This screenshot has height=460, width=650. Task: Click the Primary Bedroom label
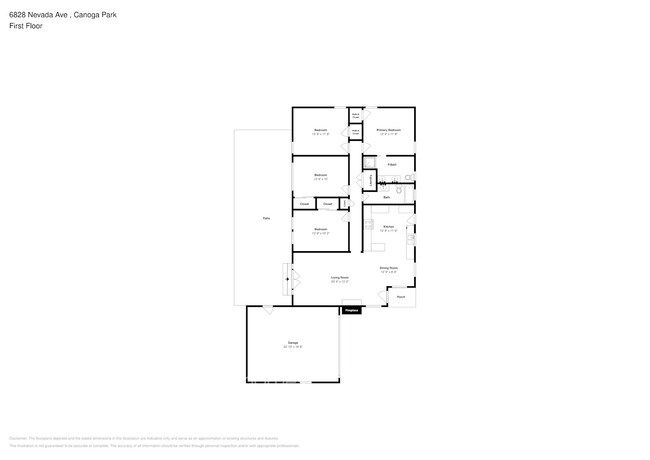point(389,130)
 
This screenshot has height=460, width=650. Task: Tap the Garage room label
point(294,343)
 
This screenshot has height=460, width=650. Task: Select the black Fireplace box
point(351,311)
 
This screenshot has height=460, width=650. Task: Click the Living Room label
point(340,278)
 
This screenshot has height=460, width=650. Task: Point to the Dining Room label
point(389,268)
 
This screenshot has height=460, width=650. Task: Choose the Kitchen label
point(389,227)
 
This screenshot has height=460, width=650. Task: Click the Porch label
point(401,297)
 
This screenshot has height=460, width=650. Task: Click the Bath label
point(387,197)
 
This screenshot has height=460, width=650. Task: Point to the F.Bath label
point(392,164)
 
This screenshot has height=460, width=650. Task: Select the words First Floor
point(26,26)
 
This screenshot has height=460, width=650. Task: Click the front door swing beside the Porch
point(383,293)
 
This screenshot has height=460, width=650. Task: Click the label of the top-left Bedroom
point(320,130)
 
